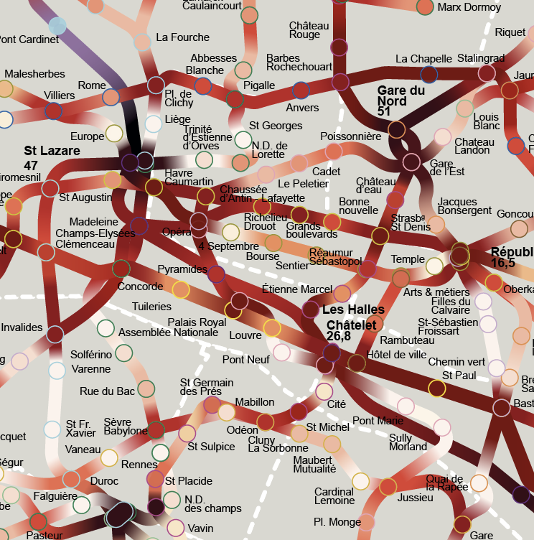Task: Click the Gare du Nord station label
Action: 401,96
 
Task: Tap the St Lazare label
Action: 52,151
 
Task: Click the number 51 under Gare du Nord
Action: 384,111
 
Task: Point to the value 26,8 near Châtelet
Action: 339,336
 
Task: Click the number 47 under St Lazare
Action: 31,165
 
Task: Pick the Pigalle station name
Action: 259,85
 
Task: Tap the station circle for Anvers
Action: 301,90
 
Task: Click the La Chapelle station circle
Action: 429,74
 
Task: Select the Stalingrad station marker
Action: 487,73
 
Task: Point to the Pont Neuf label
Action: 245,359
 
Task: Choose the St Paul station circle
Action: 436,388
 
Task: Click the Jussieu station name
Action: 415,498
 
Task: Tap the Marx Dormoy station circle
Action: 425,7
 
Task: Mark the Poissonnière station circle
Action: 334,151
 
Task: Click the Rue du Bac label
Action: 107,391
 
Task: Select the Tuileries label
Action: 151,307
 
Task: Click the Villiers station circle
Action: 54,111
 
